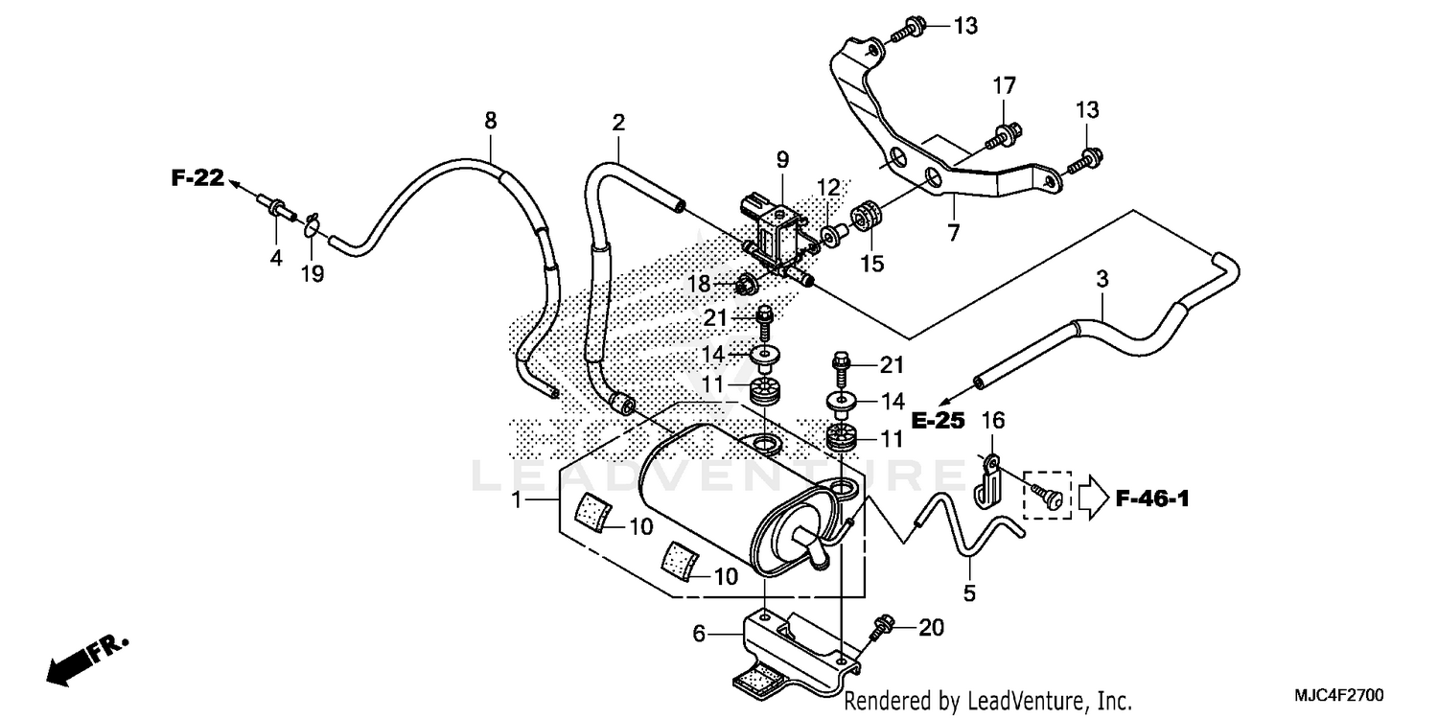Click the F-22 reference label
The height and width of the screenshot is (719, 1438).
pos(197,177)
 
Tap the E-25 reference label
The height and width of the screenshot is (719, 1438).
pos(937,420)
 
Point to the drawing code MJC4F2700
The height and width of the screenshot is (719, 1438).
pos(1351,693)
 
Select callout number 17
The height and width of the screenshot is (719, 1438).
pos(1003,86)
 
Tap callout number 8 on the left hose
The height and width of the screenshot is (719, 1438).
pos(490,121)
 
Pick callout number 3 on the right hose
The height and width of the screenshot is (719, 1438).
pos(1102,280)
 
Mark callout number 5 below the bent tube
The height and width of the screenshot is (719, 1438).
pos(969,594)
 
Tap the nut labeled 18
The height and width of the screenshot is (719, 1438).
pos(746,284)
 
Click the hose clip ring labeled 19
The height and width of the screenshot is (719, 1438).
pos(311,227)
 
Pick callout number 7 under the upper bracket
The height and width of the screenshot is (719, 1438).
pos(953,232)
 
